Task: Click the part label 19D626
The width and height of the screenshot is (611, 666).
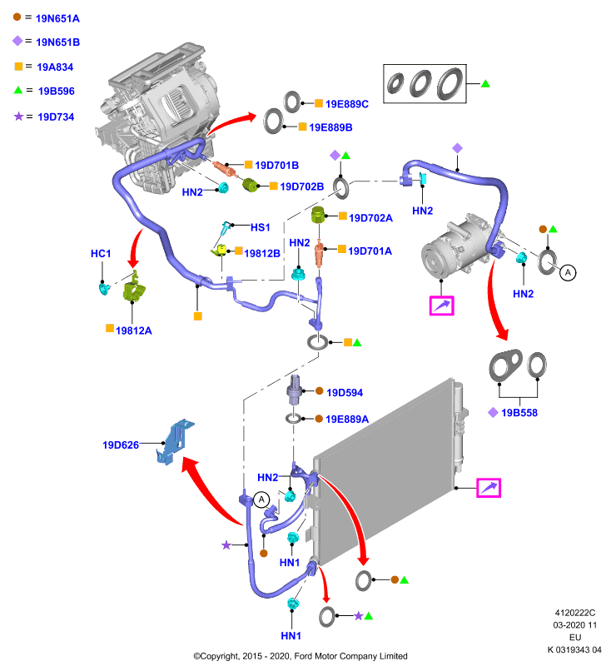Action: (121, 445)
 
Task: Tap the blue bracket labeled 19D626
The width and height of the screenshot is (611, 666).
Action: (175, 442)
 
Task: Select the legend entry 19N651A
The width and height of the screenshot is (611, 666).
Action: (57, 18)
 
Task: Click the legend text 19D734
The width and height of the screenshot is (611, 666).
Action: (56, 117)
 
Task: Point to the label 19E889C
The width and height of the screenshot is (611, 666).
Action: (347, 104)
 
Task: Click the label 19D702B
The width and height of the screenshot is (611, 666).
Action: (302, 186)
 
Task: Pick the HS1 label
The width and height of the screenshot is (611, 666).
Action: (261, 227)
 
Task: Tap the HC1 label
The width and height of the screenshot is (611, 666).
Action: (101, 254)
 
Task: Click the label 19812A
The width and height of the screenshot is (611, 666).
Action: (133, 331)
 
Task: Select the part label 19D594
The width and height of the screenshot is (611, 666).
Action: (345, 392)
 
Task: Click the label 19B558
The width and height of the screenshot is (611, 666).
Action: (519, 413)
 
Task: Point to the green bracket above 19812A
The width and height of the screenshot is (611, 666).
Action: (134, 286)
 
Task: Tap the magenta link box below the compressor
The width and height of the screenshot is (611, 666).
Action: (441, 306)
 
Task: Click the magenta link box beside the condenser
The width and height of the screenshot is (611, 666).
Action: (489, 488)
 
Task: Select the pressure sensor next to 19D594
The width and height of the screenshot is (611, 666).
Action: (296, 390)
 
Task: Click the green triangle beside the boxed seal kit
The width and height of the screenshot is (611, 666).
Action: (485, 84)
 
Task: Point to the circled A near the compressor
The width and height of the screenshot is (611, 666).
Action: (568, 272)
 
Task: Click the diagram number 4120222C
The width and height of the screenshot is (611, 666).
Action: (575, 613)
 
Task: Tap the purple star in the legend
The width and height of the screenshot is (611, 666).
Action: (18, 116)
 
